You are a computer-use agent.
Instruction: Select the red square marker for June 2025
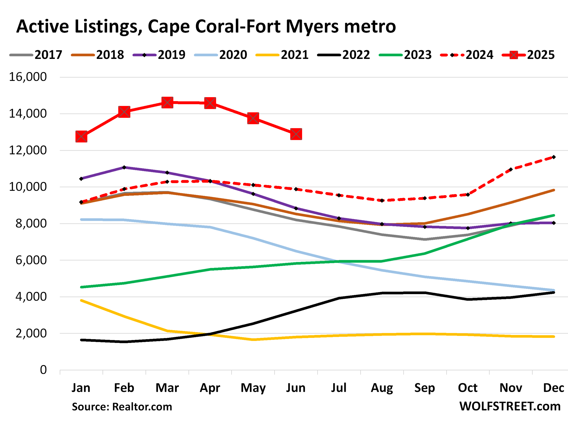pos(296,134)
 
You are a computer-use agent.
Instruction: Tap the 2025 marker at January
pos(81,137)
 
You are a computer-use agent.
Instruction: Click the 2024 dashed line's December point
pos(554,157)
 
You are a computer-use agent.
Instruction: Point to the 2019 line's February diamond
pos(124,167)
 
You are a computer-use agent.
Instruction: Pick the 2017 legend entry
pos(36,55)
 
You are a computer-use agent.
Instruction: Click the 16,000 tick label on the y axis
pos(28,77)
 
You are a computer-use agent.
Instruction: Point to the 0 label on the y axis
pos(43,370)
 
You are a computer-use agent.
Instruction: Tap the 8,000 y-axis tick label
pos(31,223)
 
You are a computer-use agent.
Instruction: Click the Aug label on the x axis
pos(382,388)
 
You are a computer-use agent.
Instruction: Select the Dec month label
pos(553,388)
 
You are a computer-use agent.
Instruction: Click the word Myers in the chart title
pos(312,27)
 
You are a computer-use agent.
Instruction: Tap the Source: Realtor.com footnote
pos(122,407)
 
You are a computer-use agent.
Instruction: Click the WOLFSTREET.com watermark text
pos(510,406)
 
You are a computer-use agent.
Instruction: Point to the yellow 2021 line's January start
pos(81,300)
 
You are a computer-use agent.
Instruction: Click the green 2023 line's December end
pos(554,215)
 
